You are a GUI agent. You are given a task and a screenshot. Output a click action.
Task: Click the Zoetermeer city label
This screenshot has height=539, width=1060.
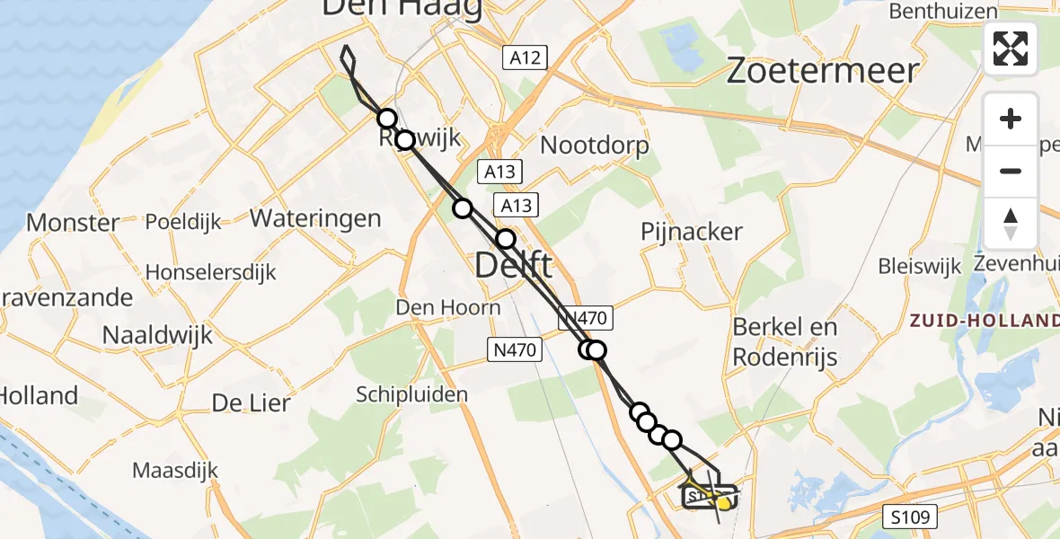pos(822,70)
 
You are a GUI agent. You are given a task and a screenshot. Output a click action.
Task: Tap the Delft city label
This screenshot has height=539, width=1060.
pos(512,266)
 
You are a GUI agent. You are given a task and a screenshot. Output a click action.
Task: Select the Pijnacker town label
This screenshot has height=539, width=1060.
pos(692,232)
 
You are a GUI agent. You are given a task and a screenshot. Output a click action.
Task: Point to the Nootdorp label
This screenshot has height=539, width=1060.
pos(594,146)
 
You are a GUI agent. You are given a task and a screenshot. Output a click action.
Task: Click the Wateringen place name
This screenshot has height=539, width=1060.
pos(315,218)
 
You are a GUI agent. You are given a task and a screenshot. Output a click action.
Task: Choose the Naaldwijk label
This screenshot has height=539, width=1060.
pos(157,335)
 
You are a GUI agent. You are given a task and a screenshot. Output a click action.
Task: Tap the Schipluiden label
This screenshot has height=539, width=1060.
pos(412,394)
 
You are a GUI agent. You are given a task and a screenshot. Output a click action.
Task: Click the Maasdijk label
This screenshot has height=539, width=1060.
pos(175,470)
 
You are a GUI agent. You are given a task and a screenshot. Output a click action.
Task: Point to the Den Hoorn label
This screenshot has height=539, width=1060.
pos(448,308)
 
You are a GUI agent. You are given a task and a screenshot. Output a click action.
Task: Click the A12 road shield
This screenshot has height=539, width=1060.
pos(525,58)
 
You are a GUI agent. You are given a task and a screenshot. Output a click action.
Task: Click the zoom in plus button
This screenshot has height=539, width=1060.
pos(1011,119)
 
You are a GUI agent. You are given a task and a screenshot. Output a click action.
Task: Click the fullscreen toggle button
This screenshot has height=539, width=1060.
pos(1011,49)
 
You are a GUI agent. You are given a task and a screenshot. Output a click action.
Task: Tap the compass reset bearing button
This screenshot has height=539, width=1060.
pos(1011,223)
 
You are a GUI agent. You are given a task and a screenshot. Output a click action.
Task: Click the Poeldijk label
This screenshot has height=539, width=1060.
pos(183,223)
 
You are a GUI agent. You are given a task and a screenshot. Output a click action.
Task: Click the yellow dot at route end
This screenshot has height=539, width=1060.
pos(722,504)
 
